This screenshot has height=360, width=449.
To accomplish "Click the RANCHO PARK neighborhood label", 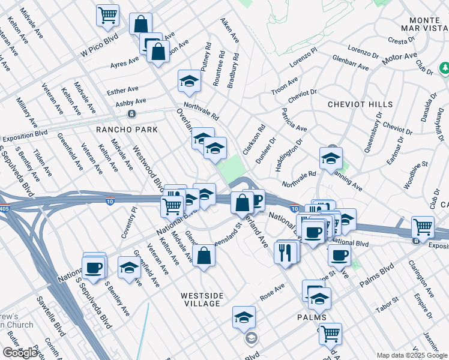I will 127,130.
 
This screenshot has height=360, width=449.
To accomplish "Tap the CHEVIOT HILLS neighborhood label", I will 360,104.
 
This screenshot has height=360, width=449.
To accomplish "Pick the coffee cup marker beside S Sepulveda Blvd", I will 93,267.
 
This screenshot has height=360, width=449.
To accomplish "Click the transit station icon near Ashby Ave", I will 131,113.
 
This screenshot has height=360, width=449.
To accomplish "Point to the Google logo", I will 20,353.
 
